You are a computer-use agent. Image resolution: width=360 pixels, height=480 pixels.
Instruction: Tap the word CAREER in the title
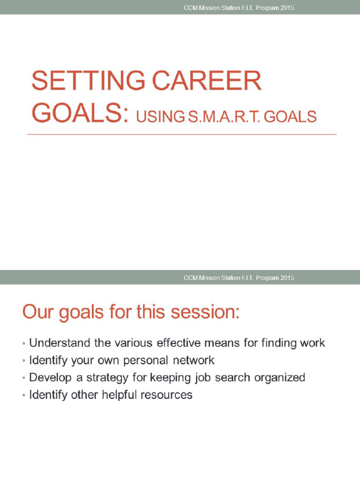206,82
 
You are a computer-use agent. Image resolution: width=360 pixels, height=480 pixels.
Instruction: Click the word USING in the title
160,117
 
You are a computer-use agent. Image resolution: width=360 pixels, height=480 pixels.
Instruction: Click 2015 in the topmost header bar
287,8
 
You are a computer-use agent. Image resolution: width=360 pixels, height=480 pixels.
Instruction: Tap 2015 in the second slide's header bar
287,277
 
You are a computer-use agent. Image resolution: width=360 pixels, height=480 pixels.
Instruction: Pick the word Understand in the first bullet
60,343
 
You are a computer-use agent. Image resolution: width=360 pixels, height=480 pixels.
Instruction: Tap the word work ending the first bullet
313,343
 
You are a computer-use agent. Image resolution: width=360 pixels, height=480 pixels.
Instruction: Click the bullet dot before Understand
23,344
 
